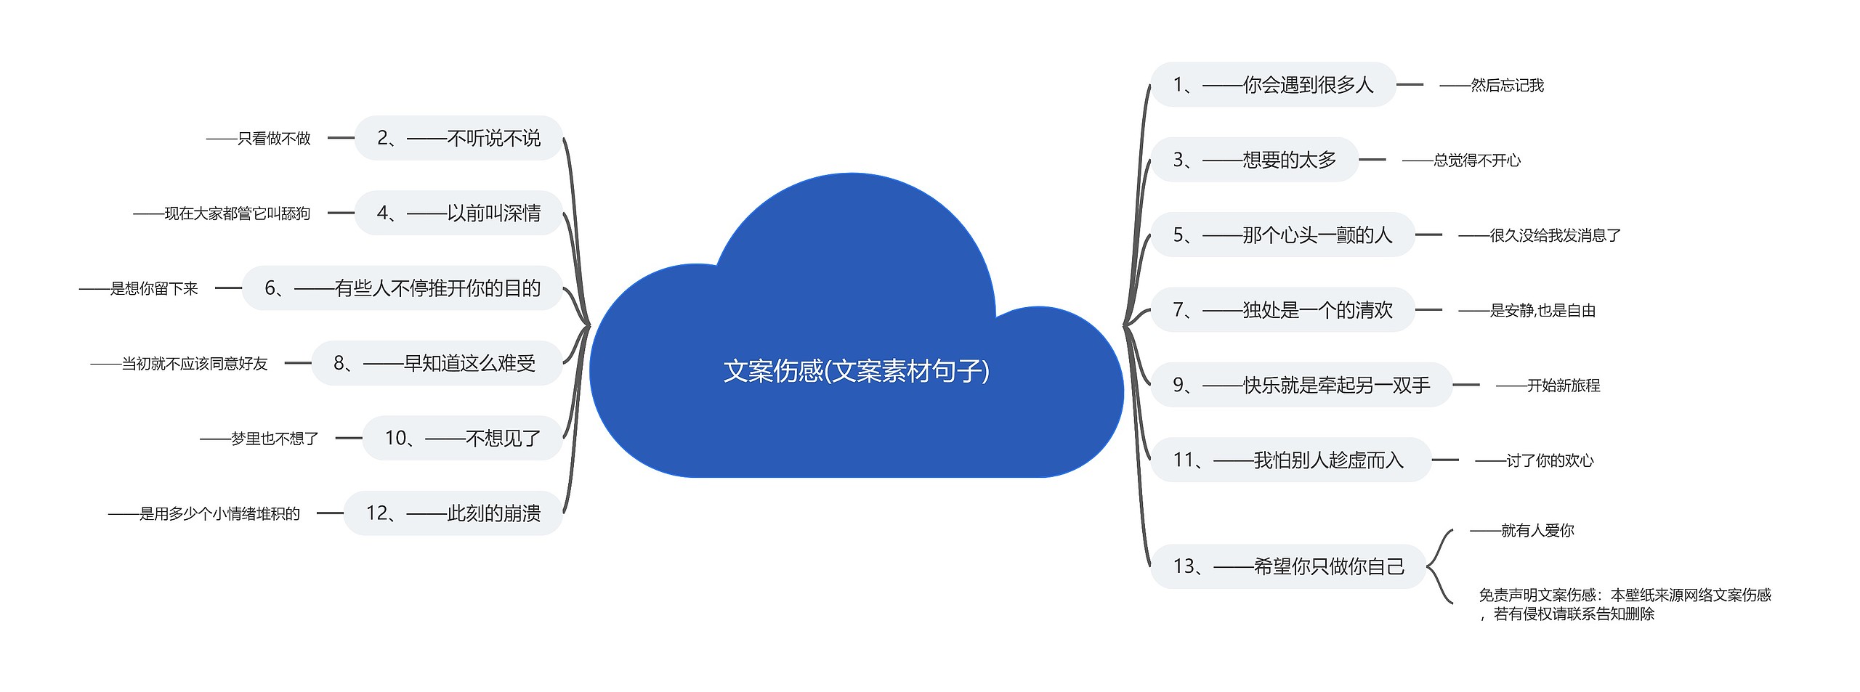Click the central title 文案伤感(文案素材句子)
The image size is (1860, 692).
856,371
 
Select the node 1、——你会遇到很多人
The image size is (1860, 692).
1273,85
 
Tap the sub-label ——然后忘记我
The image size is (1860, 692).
1492,86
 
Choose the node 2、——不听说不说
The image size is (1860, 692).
458,138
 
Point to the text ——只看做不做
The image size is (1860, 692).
259,138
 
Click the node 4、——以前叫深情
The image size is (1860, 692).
458,213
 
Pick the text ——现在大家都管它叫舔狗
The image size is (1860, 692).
222,213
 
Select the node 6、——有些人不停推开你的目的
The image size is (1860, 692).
403,288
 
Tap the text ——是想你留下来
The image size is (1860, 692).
139,288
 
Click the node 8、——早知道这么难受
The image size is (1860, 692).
435,363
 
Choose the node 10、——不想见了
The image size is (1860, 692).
463,438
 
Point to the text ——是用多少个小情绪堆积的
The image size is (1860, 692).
204,513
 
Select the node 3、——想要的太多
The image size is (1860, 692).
1255,160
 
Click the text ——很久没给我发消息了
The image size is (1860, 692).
1540,235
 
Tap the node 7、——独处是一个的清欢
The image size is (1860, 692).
1282,310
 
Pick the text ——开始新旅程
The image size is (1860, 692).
1548,386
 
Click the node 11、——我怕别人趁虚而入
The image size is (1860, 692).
1289,460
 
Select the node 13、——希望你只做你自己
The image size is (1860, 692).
1289,566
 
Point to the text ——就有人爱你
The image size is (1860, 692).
1522,531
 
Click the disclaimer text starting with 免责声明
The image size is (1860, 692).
1625,604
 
